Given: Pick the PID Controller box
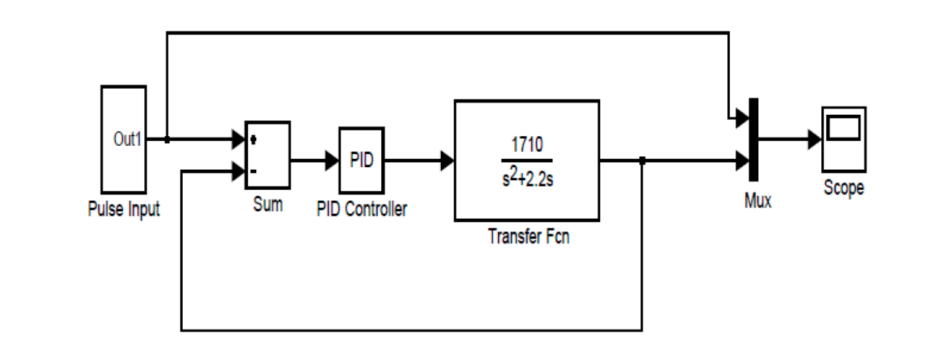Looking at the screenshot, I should click(x=361, y=160).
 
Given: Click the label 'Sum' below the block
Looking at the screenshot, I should click(x=267, y=205).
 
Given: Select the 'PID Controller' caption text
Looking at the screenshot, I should click(x=362, y=212).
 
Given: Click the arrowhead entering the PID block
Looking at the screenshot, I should click(x=331, y=159).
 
